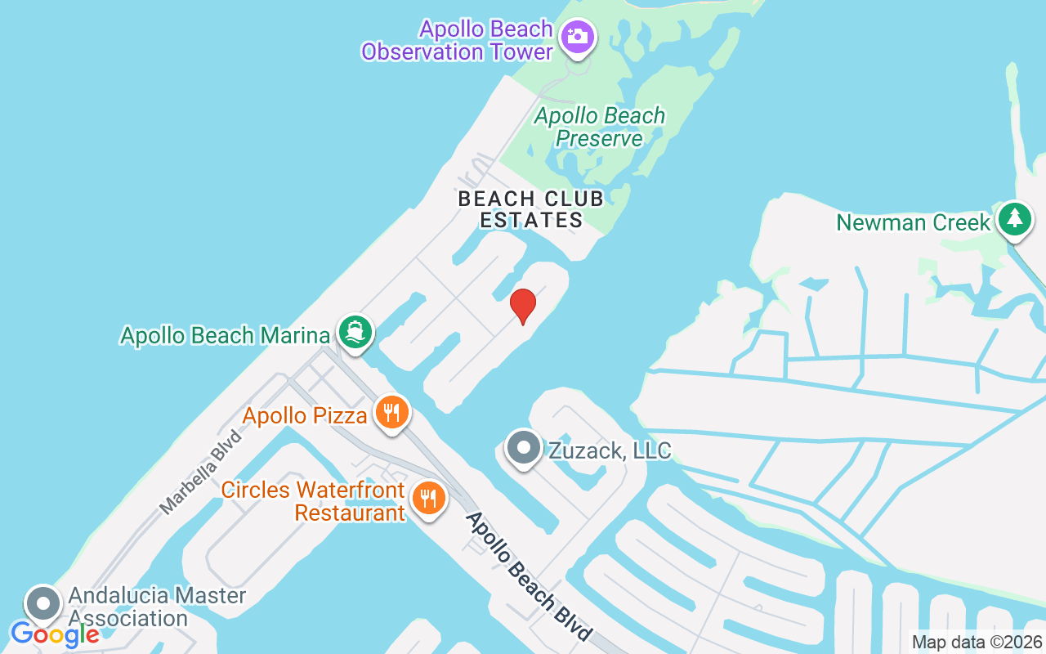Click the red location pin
click(522, 307)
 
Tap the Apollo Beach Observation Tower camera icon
click(578, 38)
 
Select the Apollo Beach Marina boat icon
click(355, 333)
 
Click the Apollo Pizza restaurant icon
click(391, 412)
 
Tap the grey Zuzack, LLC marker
click(523, 448)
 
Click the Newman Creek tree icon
click(1015, 220)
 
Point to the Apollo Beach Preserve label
click(600, 128)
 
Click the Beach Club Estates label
click(530, 209)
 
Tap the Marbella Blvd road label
click(201, 473)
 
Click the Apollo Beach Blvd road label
click(528, 577)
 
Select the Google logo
click(55, 634)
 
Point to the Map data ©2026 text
click(977, 643)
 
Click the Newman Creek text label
click(913, 222)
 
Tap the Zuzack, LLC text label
click(610, 450)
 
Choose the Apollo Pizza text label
click(305, 416)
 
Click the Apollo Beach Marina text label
click(225, 334)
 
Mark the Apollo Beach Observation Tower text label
click(458, 41)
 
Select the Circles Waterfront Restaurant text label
click(313, 501)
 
